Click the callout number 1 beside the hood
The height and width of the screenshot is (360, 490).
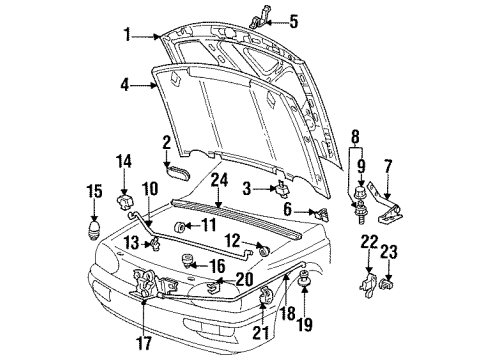[127, 35]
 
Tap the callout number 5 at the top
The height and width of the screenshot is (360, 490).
[293, 22]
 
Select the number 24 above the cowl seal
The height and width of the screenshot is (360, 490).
[219, 180]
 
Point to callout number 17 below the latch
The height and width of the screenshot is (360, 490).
[145, 343]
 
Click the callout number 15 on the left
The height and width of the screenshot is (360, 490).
[94, 192]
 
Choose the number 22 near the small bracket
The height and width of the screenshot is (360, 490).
[369, 242]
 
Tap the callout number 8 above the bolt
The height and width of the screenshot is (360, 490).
[356, 137]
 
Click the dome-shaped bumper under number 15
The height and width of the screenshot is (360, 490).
[94, 229]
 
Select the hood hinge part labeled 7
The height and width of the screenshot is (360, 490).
[386, 204]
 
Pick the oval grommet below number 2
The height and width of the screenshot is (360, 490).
[178, 172]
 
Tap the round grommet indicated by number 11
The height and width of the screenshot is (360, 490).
[180, 228]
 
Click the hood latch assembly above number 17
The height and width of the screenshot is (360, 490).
[149, 283]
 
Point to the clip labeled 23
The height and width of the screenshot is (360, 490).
[388, 285]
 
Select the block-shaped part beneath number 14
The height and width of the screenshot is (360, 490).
[125, 202]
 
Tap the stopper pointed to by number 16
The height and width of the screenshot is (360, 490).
[186, 260]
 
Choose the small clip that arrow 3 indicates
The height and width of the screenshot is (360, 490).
[282, 188]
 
